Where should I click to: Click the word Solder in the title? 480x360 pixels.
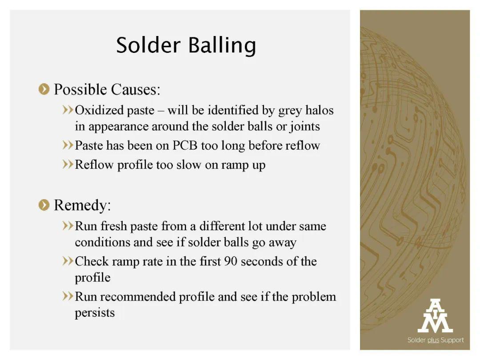point(148,45)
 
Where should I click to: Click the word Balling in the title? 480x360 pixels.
point(222,46)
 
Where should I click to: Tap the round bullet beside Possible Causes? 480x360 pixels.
point(44,89)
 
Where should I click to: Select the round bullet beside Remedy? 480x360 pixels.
point(44,205)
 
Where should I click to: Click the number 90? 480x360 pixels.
point(231,261)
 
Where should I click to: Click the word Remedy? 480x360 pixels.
point(82,205)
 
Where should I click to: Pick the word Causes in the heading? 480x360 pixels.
point(135,89)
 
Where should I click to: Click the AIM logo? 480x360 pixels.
point(435,316)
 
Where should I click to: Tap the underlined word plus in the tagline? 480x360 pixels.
point(433,340)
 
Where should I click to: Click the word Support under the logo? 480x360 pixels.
point(452,340)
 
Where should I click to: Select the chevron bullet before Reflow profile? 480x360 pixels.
point(68,164)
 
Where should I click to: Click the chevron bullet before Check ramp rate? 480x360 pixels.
point(68,261)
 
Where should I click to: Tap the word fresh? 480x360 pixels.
point(114,226)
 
